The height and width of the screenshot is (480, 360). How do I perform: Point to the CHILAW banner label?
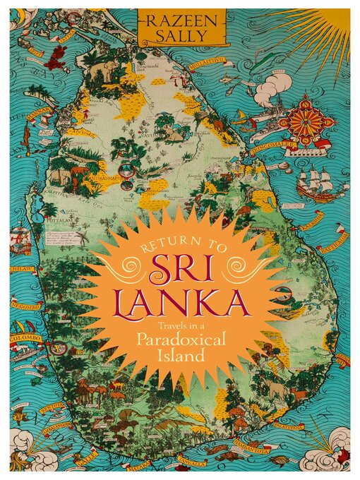21,268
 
